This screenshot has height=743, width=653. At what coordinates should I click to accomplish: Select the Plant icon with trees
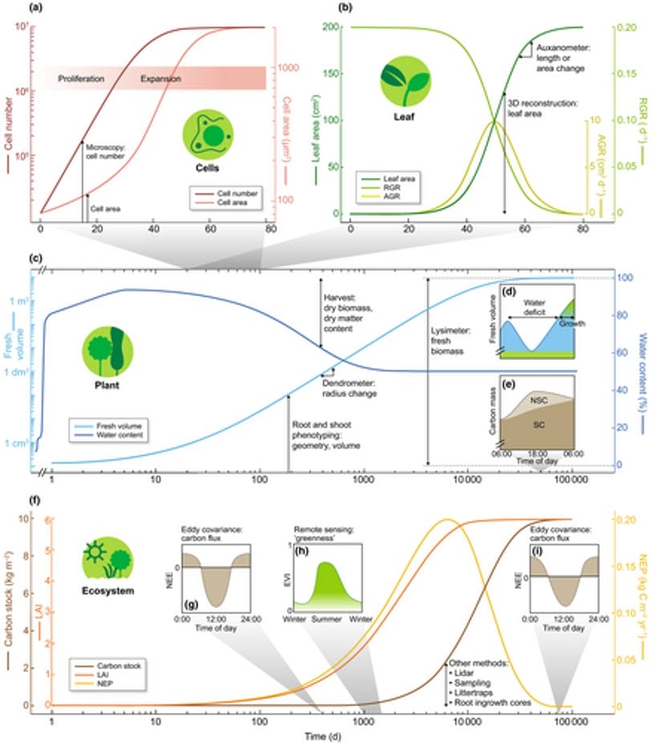tap(107, 351)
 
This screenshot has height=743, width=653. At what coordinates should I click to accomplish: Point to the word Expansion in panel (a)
tap(160, 79)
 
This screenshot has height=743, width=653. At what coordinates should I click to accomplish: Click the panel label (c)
tap(34, 258)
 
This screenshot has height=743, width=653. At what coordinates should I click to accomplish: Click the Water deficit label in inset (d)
tap(531, 308)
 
